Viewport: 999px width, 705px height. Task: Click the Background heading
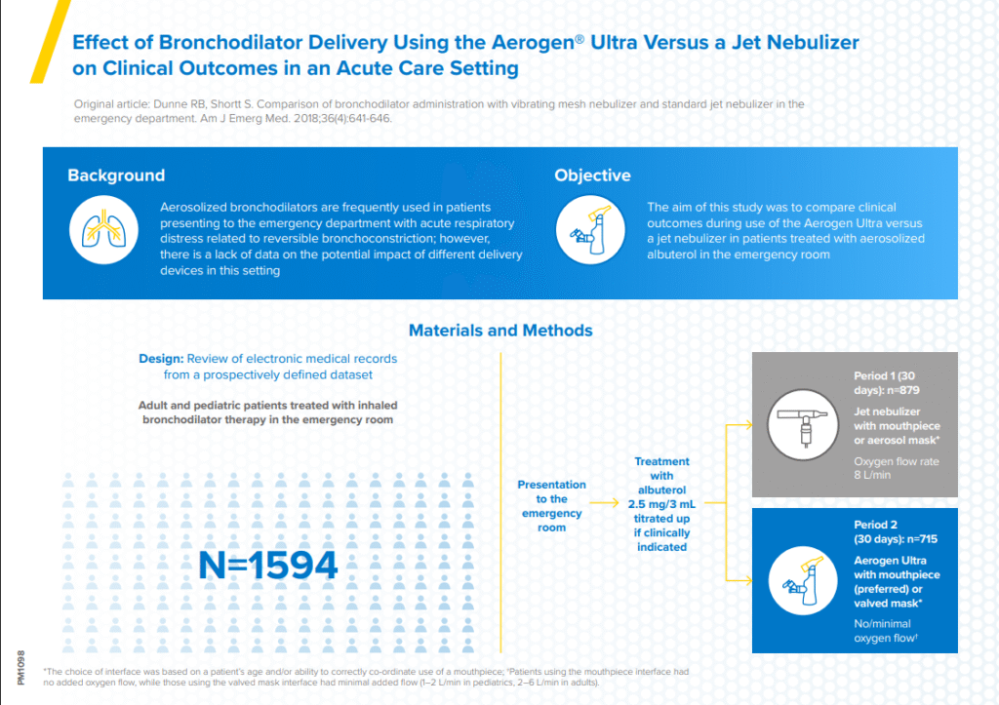click(115, 176)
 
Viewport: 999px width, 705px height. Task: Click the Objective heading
click(592, 176)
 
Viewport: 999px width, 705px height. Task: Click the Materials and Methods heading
click(499, 331)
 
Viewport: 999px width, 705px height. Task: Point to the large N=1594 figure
click(268, 565)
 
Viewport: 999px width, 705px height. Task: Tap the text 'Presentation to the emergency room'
click(551, 506)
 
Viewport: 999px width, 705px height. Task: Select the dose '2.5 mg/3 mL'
click(661, 505)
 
